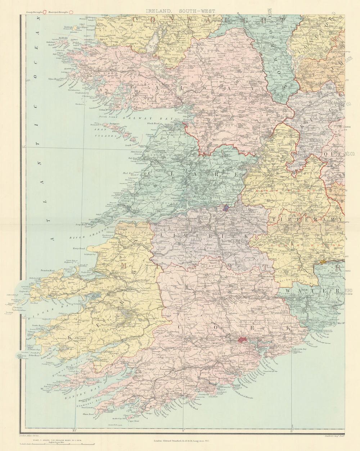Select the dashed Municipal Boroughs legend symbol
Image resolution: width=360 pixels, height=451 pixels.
(71, 12)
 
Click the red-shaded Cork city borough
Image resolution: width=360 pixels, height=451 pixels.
(243, 339)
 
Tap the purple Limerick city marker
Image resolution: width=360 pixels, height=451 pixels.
(225, 208)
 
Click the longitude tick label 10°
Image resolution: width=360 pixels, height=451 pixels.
(75, 429)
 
